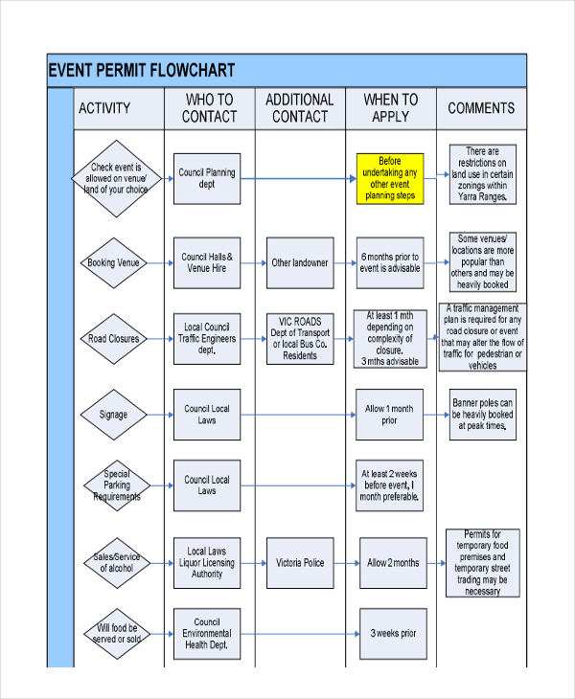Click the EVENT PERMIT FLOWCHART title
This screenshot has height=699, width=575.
click(141, 71)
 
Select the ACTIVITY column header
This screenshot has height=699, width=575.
click(103, 108)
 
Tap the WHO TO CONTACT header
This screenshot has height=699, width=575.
click(209, 108)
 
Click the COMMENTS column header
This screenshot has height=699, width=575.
click(481, 108)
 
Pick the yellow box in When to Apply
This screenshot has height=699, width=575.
click(389, 178)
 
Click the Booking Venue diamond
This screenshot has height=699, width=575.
click(114, 262)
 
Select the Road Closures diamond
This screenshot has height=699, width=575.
click(114, 338)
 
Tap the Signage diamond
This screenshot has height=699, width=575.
click(114, 415)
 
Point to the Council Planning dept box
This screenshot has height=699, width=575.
click(207, 178)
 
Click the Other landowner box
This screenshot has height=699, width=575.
click(299, 262)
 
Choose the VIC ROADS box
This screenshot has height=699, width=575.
click(299, 338)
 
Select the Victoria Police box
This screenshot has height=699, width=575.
click(299, 563)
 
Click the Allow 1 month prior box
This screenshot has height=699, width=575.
click(389, 415)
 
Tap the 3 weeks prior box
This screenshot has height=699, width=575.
click(392, 633)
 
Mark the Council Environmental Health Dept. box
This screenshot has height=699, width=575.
click(207, 633)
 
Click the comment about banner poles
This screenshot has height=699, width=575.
click(482, 415)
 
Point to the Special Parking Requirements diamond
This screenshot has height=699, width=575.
click(114, 485)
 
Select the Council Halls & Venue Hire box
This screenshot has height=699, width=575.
click(207, 262)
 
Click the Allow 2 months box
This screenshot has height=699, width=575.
click(392, 563)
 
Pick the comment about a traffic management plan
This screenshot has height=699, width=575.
click(482, 337)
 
